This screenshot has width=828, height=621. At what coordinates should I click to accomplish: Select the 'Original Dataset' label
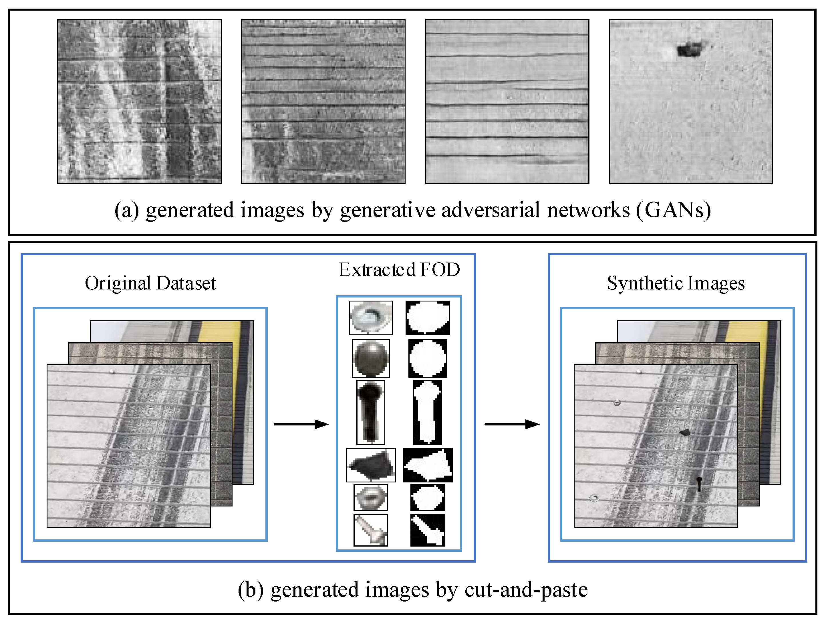pyautogui.click(x=150, y=283)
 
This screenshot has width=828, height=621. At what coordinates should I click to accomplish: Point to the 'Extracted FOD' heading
pyautogui.click(x=399, y=270)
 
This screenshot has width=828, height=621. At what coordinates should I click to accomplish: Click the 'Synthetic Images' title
pyautogui.click(x=676, y=283)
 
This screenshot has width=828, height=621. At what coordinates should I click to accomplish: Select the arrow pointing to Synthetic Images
pyautogui.click(x=512, y=424)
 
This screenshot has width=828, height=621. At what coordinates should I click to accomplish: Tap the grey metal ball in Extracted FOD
pyautogui.click(x=371, y=358)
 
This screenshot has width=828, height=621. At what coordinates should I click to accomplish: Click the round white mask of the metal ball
pyautogui.click(x=428, y=358)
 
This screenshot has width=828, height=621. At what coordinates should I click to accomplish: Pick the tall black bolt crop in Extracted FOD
pyautogui.click(x=371, y=412)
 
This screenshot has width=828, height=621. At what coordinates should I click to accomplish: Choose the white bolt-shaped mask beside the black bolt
pyautogui.click(x=428, y=412)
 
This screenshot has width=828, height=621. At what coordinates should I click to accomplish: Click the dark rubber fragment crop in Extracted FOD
pyautogui.click(x=371, y=465)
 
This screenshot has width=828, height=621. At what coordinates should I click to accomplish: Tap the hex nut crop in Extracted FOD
pyautogui.click(x=371, y=498)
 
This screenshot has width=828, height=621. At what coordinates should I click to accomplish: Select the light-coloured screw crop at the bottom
pyautogui.click(x=371, y=530)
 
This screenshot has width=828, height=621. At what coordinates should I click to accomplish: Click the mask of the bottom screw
pyautogui.click(x=428, y=530)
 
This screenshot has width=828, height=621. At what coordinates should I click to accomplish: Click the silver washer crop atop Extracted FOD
pyautogui.click(x=371, y=318)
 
